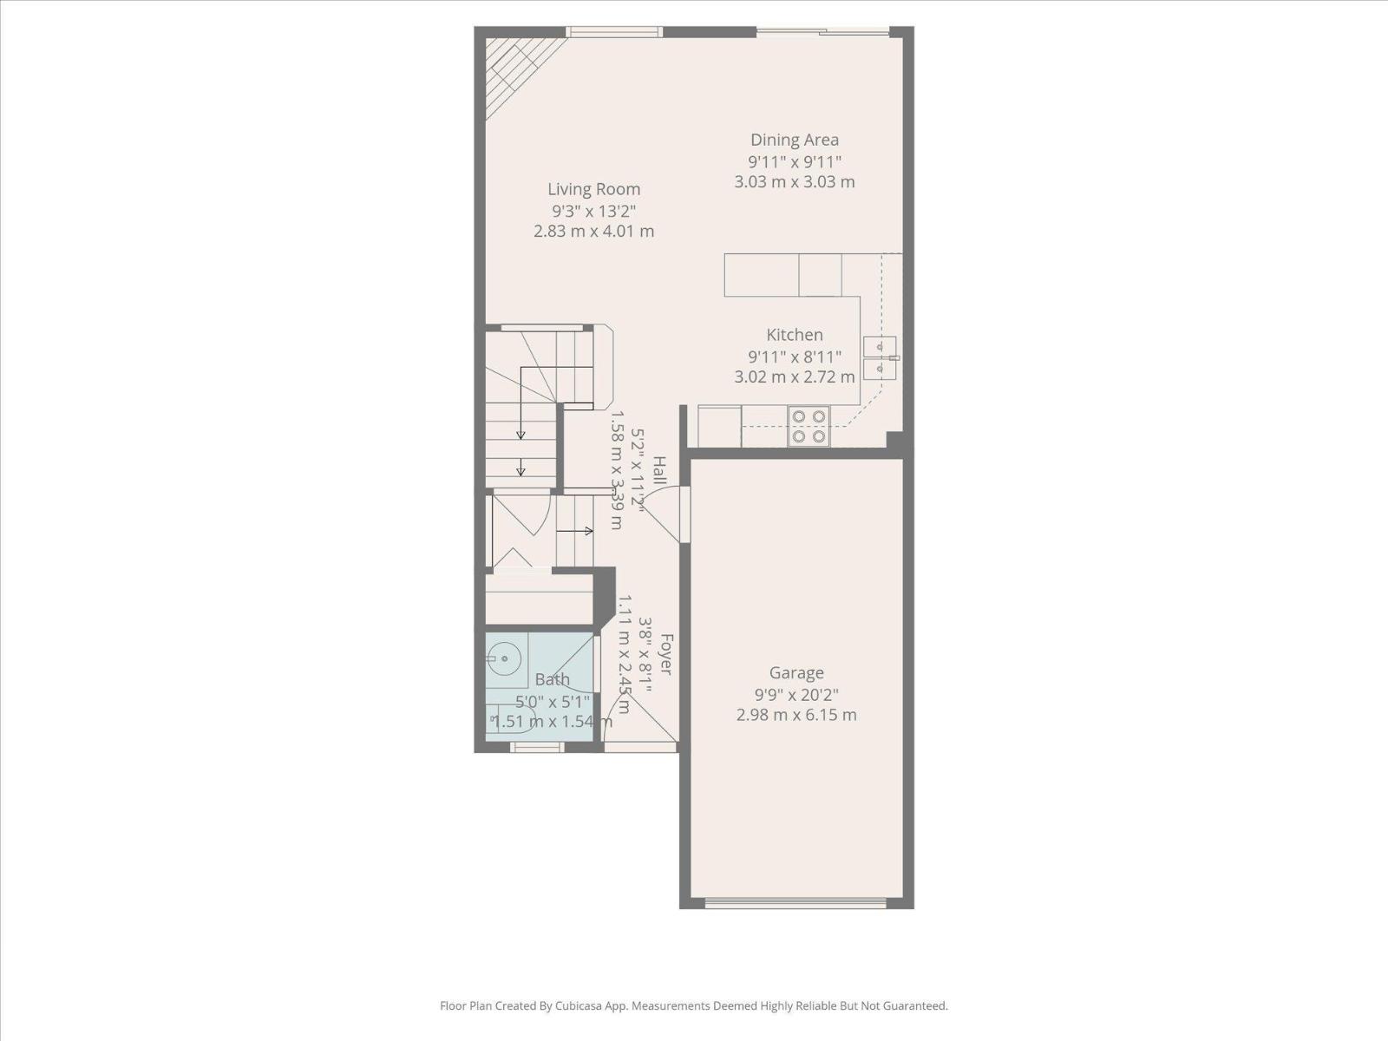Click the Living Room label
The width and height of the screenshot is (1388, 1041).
click(x=593, y=189)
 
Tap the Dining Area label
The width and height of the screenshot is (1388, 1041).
click(x=794, y=140)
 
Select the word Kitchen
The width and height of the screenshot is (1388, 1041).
click(x=794, y=335)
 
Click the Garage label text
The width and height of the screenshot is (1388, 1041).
click(x=795, y=672)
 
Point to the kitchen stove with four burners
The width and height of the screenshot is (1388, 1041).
click(x=808, y=426)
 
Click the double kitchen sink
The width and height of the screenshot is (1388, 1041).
click(x=881, y=357)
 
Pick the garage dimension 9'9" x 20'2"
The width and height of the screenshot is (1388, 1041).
click(x=795, y=694)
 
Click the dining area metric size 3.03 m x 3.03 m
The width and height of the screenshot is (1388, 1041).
click(x=794, y=182)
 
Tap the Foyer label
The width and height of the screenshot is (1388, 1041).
click(x=666, y=655)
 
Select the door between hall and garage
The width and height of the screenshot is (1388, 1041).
click(x=684, y=514)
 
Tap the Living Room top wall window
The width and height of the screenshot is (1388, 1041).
click(x=614, y=32)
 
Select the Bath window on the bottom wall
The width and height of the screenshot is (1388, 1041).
click(x=536, y=747)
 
